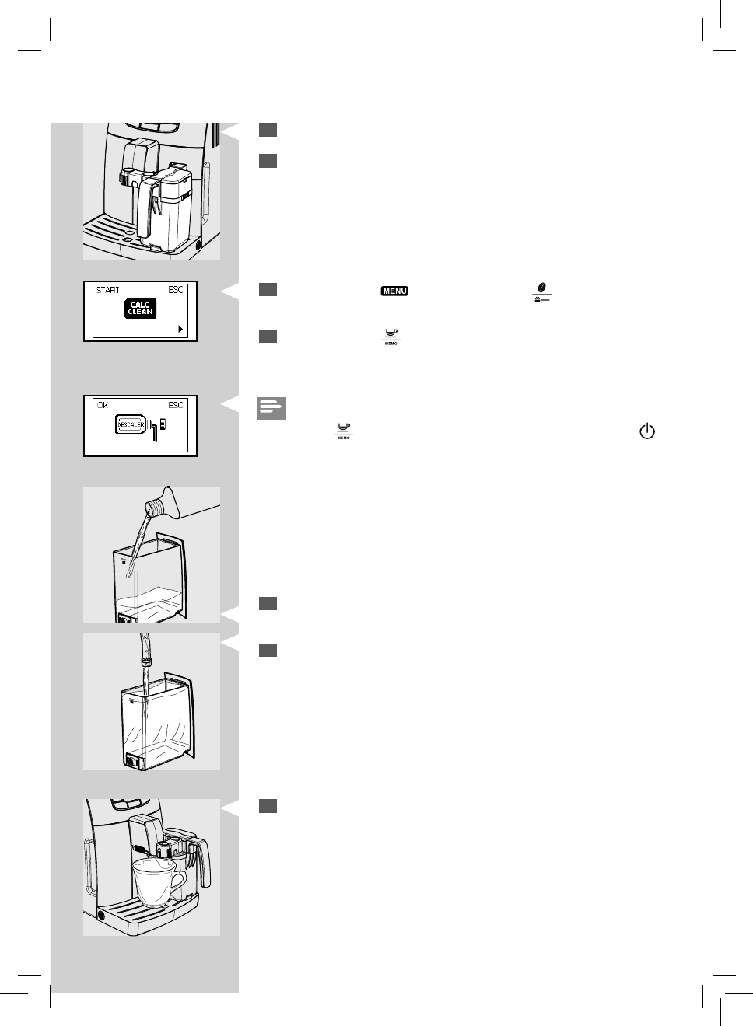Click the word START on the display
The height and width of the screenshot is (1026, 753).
(x=108, y=290)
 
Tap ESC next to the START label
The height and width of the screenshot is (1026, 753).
(x=176, y=290)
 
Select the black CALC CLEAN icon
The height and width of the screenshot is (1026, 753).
(x=141, y=309)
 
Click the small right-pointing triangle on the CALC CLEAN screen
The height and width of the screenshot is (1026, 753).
(x=180, y=330)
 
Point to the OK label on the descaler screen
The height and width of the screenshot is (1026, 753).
(x=103, y=405)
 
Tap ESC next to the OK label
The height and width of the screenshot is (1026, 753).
(x=176, y=405)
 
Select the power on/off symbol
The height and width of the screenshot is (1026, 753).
(x=646, y=431)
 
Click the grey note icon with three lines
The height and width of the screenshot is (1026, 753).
(x=272, y=408)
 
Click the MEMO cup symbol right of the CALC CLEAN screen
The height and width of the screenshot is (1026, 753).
(x=391, y=337)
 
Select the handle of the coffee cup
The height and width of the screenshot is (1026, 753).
(x=180, y=881)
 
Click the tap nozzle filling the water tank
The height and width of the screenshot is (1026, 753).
(x=144, y=661)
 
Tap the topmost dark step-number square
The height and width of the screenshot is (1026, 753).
(x=268, y=129)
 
